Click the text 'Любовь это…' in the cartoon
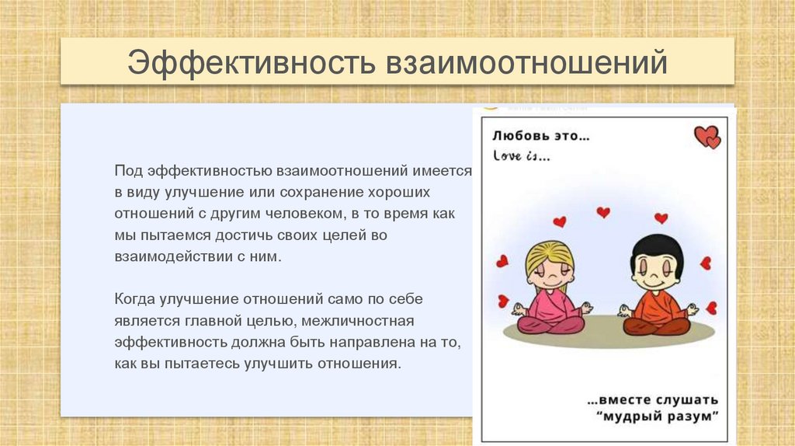pyautogui.click(x=540, y=136)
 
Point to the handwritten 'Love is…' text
pyautogui.click(x=521, y=156)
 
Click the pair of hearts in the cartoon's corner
pyautogui.click(x=707, y=137)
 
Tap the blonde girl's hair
pyautogui.click(x=549, y=253)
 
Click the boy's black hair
pyautogui.click(x=657, y=246)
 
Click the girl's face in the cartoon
pyautogui.click(x=550, y=272)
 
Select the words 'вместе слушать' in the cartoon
pyautogui.click(x=653, y=399)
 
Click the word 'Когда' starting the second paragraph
pyautogui.click(x=134, y=298)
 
